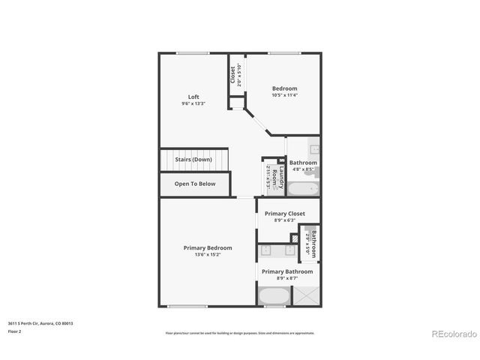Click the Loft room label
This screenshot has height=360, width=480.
point(193,97)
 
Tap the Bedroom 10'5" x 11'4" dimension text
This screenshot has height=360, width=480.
point(284,95)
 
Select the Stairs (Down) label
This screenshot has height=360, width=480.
point(193,160)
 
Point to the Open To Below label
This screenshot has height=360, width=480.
point(195,184)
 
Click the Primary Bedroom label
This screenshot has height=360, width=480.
point(208,247)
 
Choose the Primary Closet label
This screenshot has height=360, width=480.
point(284,214)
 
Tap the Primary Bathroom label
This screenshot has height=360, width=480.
point(287,271)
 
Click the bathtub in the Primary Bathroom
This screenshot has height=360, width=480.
point(274,296)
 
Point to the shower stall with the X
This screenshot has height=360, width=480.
point(306,296)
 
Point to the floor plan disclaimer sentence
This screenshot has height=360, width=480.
point(240,333)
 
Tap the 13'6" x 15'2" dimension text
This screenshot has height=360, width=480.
point(208,254)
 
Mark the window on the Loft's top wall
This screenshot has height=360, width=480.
point(193,52)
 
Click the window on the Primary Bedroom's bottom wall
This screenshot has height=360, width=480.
point(182,306)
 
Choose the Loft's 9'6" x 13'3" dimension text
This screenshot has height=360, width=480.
point(193,103)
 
